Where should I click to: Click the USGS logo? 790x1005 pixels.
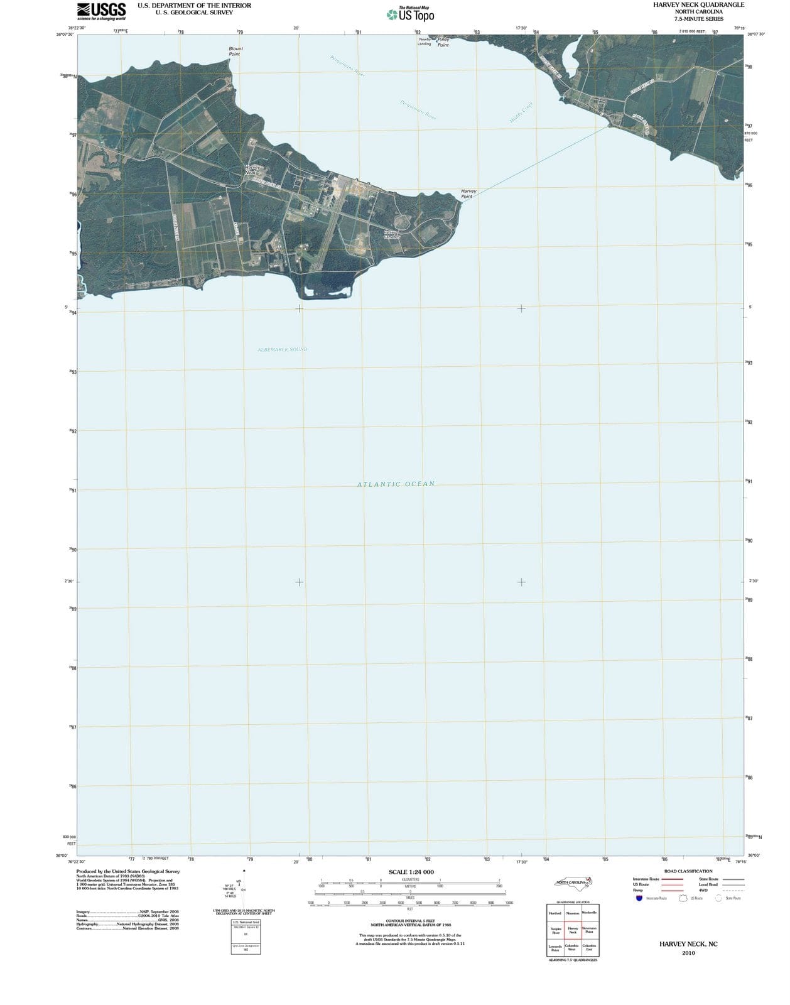coord(101,11)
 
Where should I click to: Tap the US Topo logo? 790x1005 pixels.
coord(411,14)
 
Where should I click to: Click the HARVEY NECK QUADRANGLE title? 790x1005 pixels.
coord(698,5)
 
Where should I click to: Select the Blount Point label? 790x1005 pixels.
coord(235,51)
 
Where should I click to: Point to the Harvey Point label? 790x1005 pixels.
coord(468,193)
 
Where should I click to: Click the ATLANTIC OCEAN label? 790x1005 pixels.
coord(396,484)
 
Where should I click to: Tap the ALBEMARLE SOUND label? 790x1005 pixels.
coord(282,349)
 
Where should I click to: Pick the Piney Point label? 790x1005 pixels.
coord(443,42)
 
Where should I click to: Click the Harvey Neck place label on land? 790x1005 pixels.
coord(252,170)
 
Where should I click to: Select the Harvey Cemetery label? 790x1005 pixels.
coord(392,234)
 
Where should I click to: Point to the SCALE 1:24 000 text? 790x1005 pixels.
coord(411,872)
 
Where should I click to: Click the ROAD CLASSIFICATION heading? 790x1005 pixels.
coord(688,871)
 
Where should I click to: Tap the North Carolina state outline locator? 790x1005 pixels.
coord(573,883)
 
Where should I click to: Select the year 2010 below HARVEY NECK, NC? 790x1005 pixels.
coord(688,953)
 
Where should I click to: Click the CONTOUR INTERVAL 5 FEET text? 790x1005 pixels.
coord(411,921)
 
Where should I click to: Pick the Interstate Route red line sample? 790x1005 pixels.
coord(671,879)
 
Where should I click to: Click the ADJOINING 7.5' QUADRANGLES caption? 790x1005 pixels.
coord(573,960)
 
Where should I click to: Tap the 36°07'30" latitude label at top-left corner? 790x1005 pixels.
coord(65,35)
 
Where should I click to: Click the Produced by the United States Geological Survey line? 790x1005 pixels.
coord(128,871)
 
